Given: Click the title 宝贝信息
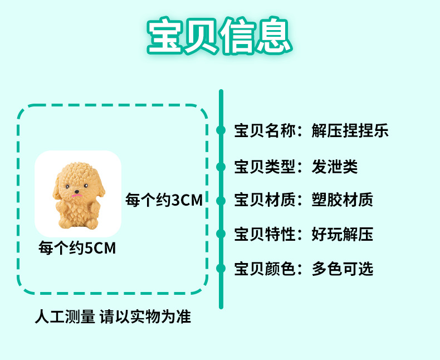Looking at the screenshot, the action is coord(219,38).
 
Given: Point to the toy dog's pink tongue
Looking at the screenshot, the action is coord(77,196).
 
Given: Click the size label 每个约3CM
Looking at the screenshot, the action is coord(164,200).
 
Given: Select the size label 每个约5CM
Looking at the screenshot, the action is coord(77,247).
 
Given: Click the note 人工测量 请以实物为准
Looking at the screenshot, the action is coord(113,317).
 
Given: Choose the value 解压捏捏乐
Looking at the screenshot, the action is coord(350,131).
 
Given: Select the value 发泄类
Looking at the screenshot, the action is coord(334,166).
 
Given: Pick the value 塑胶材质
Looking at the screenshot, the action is coord(342,200).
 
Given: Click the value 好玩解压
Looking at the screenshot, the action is coord(342,235).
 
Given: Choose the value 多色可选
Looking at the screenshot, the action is coord(342,269).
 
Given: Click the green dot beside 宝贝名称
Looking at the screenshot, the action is coord(221,131).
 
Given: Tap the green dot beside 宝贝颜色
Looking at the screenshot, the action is coord(221,269).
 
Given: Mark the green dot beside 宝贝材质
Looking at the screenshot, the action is coord(221,200).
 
